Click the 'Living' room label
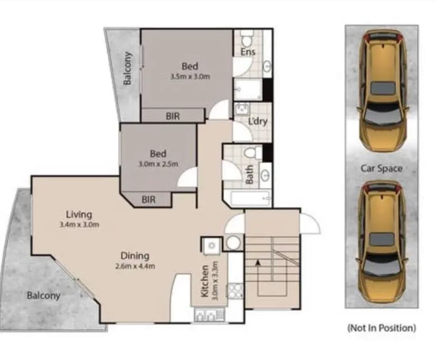point(79,214)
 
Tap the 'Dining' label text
point(135,256)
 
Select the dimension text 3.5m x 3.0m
point(190,76)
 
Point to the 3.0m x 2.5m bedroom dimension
point(158,164)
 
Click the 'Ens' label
point(248,52)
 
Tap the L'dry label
point(258,121)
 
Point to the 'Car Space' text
point(381,168)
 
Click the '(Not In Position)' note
point(381,328)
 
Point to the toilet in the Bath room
point(251,154)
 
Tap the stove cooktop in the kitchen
point(235,290)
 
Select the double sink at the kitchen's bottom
point(209,315)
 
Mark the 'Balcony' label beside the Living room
point(44,295)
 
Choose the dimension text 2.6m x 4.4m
point(135,266)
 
